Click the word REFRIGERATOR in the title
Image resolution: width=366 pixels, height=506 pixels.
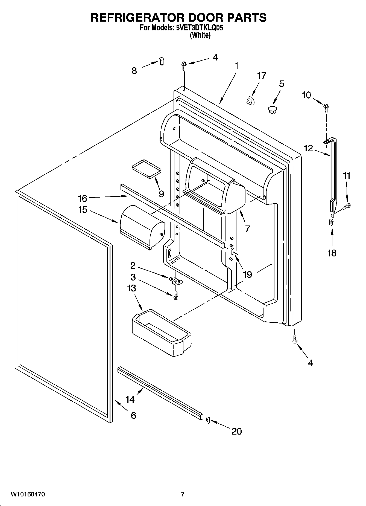[x=136, y=17]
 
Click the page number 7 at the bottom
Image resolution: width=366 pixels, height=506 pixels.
[x=183, y=494]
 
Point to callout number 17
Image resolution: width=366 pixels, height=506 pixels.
[x=262, y=76]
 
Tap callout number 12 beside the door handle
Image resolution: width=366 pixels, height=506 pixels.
[x=308, y=148]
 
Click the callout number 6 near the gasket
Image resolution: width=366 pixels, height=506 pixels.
[x=133, y=415]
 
